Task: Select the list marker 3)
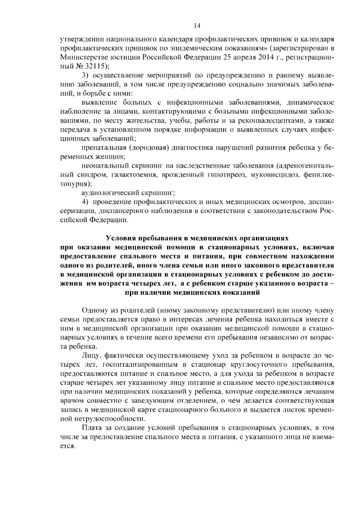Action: tap(85, 75)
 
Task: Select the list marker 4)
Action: tap(85, 201)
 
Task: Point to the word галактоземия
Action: tap(133, 174)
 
